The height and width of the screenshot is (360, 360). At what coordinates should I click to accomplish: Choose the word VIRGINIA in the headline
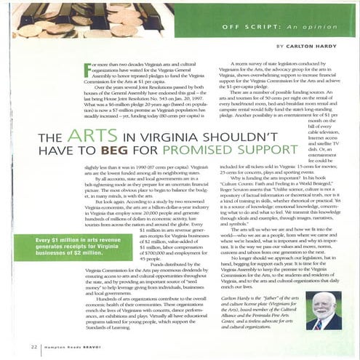(168, 138)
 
